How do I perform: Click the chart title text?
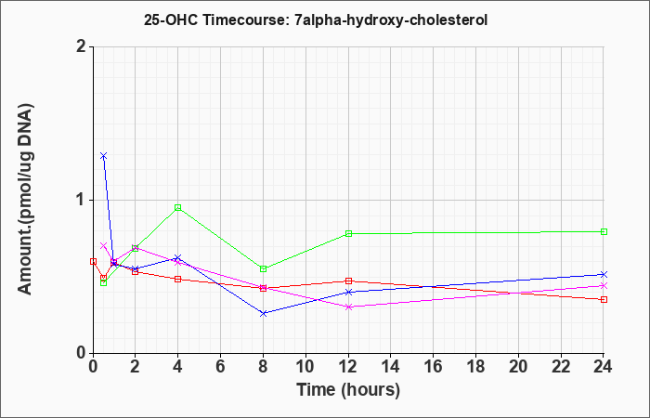point(316,20)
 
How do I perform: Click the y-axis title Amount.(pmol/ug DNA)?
point(25,200)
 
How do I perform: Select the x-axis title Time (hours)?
point(348,390)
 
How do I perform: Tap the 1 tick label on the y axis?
point(82,201)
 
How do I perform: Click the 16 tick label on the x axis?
point(434,367)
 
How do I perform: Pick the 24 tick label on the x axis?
point(604,367)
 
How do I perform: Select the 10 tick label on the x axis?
point(305,367)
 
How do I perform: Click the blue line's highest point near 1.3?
point(104,156)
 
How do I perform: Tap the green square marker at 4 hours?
point(178,207)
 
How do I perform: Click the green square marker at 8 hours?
point(263,268)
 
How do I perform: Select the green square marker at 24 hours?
point(604,232)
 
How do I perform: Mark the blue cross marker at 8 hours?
point(263,314)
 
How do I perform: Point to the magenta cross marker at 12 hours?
point(348,307)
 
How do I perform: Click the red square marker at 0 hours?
point(93,261)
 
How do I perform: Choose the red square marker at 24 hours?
point(604,299)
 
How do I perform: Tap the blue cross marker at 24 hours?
point(604,274)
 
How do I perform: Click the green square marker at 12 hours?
point(348,233)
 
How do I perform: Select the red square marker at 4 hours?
point(178,279)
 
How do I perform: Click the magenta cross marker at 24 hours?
point(604,286)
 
